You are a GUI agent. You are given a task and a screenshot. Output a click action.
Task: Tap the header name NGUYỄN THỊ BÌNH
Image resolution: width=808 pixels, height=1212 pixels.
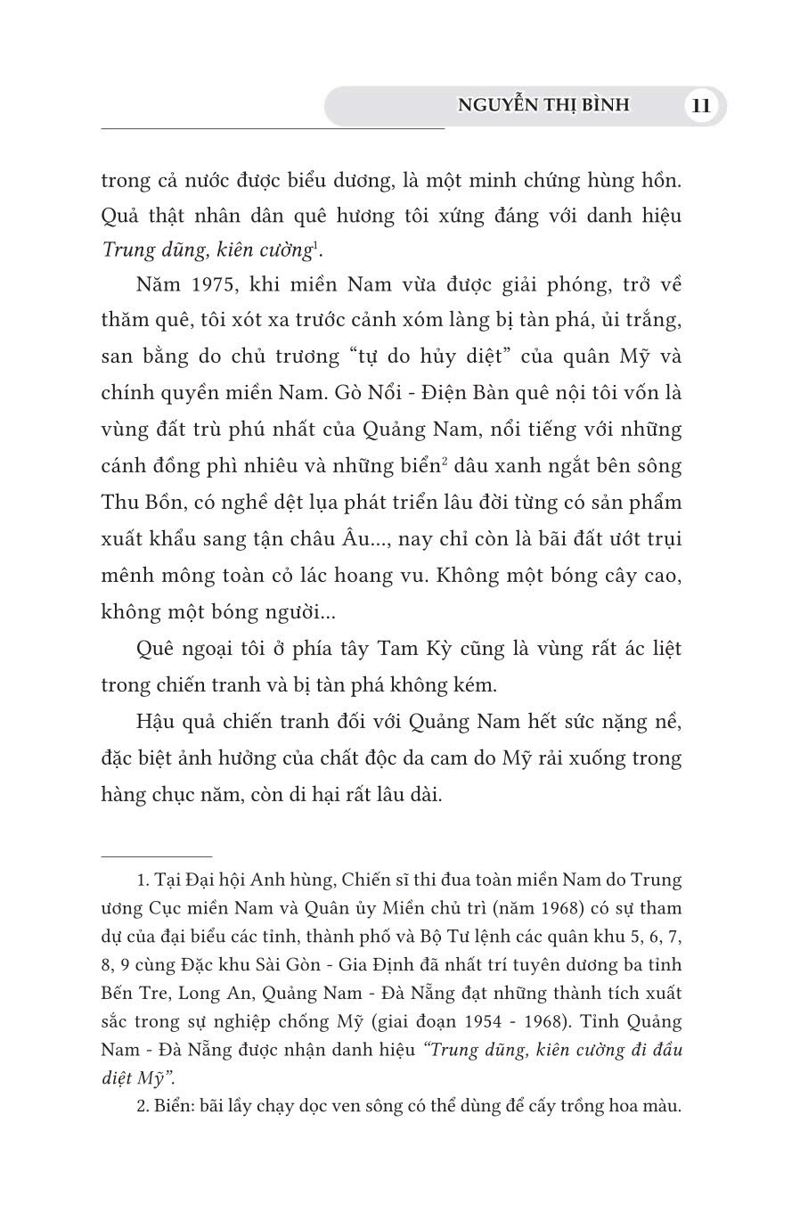(543, 105)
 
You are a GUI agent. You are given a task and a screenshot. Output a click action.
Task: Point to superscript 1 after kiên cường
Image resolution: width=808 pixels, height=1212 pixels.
(317, 246)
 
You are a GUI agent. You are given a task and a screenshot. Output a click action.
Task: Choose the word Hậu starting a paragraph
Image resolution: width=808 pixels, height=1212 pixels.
(158, 721)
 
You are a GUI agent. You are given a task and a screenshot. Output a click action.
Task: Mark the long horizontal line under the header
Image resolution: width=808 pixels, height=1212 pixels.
(273, 130)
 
